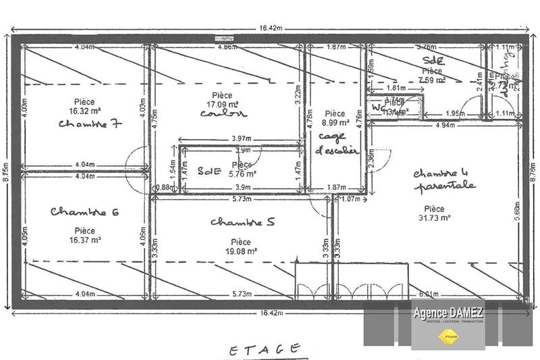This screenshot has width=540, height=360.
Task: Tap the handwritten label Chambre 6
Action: [85, 213]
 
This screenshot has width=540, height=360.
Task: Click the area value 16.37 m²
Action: [84, 239]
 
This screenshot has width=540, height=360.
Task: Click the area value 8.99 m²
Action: [335, 123]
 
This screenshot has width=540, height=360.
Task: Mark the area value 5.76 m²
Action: [241, 173]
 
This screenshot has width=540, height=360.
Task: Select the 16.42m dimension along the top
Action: [268, 28]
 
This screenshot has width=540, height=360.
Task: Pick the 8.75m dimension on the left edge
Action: [6, 168]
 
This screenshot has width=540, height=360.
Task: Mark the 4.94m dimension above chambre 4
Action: [443, 126]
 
